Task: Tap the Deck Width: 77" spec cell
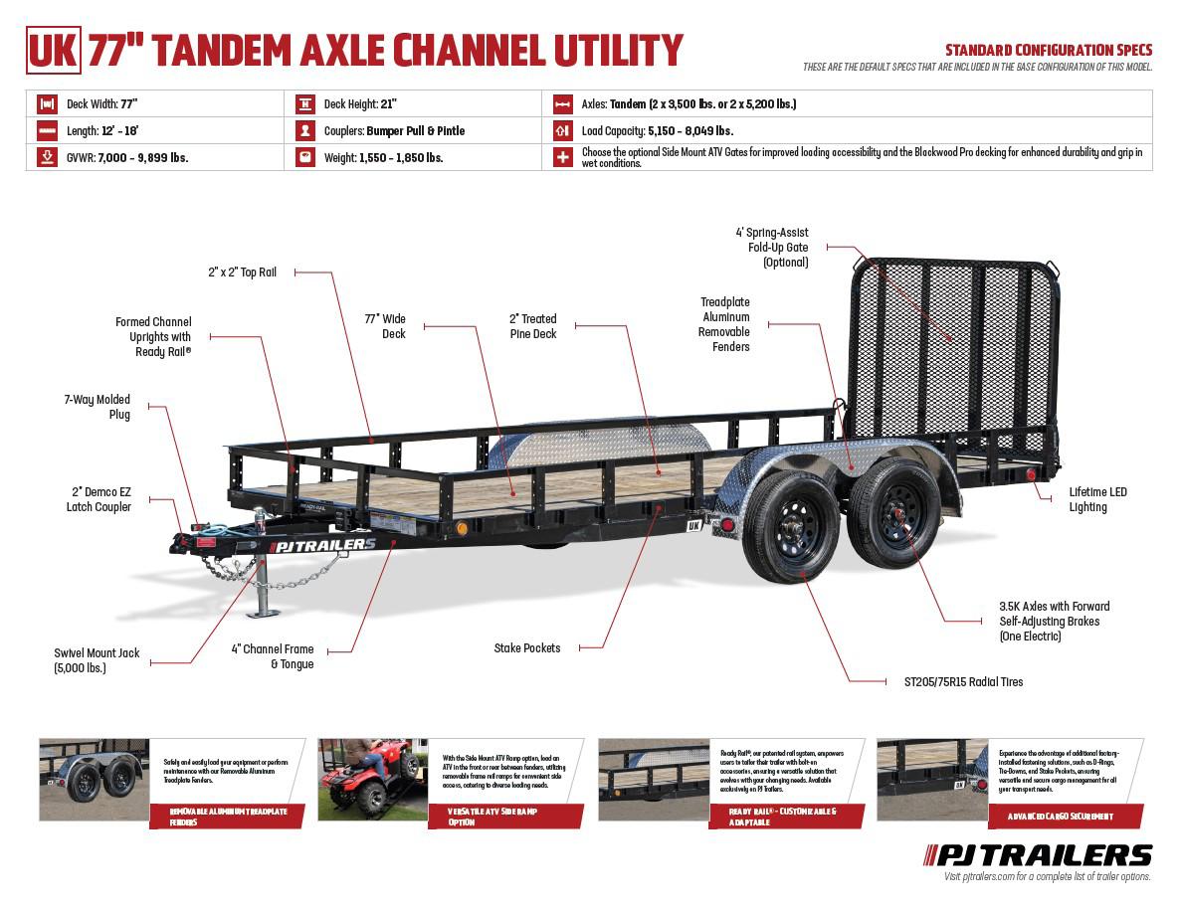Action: tap(100, 103)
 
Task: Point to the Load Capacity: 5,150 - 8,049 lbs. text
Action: tap(657, 130)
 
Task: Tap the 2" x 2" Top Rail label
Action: tap(242, 272)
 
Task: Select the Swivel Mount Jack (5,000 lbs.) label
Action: tap(97, 660)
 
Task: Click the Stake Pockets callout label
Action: tap(526, 647)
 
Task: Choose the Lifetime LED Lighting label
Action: tap(1097, 499)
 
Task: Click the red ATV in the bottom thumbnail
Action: tap(368, 775)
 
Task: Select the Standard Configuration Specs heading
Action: tap(1048, 50)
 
